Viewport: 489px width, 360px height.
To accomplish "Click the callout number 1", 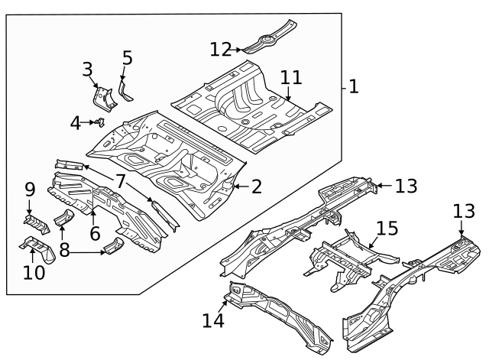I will pyautogui.click(x=352, y=86).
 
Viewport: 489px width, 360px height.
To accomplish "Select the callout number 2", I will pyautogui.click(x=256, y=186).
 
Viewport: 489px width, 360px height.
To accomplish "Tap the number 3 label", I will pyautogui.click(x=88, y=70).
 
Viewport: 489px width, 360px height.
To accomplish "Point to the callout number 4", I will pyautogui.click(x=75, y=122).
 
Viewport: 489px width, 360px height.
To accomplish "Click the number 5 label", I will pyautogui.click(x=127, y=57).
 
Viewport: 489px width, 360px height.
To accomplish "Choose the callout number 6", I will pyautogui.click(x=94, y=233).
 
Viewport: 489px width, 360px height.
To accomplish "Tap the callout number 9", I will pyautogui.click(x=30, y=189).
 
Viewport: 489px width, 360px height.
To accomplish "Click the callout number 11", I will pyautogui.click(x=291, y=77).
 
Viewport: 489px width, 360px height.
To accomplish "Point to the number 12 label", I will pyautogui.click(x=221, y=49).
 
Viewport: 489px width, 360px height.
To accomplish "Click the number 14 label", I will pyautogui.click(x=214, y=320).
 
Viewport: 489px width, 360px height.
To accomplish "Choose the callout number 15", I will pyautogui.click(x=387, y=229).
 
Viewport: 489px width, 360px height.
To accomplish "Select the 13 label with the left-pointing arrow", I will pyautogui.click(x=406, y=185).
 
